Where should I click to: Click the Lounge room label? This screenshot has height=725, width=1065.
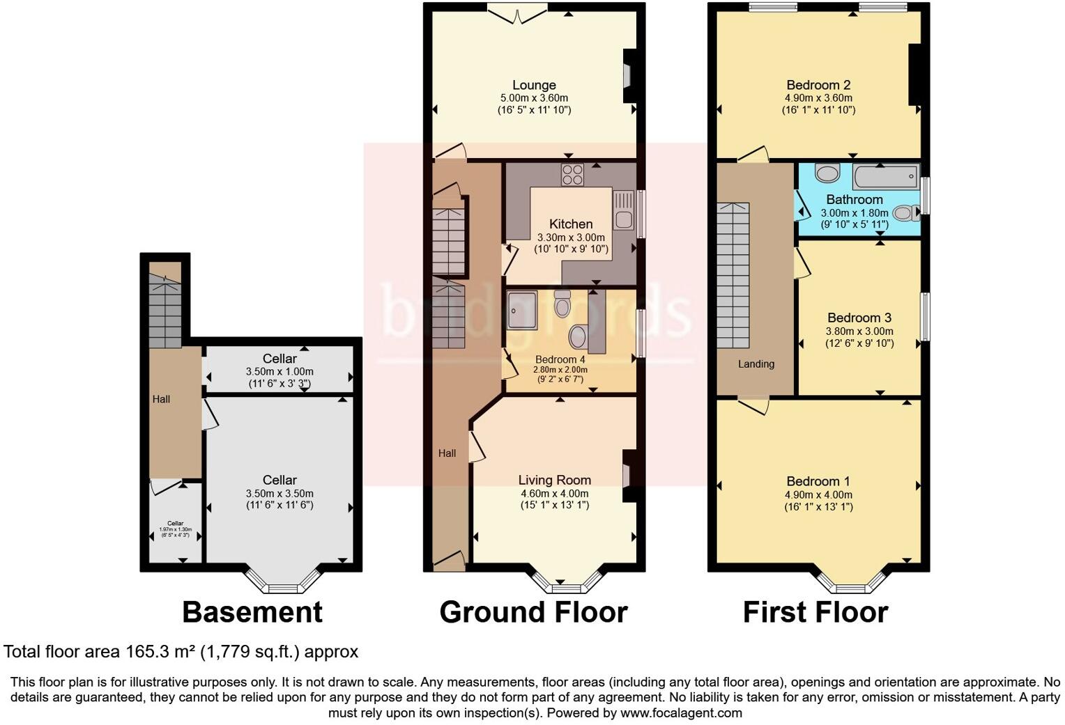tap(534, 85)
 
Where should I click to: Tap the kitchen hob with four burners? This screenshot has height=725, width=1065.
tap(572, 174)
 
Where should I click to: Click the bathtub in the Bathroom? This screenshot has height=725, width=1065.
tap(885, 178)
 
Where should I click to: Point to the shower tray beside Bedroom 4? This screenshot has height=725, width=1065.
tap(522, 309)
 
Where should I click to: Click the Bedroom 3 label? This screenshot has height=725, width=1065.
tap(859, 318)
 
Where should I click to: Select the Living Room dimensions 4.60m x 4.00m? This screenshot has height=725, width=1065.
tap(554, 493)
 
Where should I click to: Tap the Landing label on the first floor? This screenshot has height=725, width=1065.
tap(756, 364)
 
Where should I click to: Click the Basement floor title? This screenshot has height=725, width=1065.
tap(252, 612)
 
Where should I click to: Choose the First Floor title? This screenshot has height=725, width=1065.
tap(815, 612)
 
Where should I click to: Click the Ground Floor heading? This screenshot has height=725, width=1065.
tap(533, 612)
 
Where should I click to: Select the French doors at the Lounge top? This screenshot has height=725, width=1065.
tap(516, 13)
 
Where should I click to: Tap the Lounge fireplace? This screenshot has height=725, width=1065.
tap(627, 74)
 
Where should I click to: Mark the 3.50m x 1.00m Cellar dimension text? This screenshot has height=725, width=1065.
tap(279, 371)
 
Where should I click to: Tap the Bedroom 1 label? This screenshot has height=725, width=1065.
tap(818, 481)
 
